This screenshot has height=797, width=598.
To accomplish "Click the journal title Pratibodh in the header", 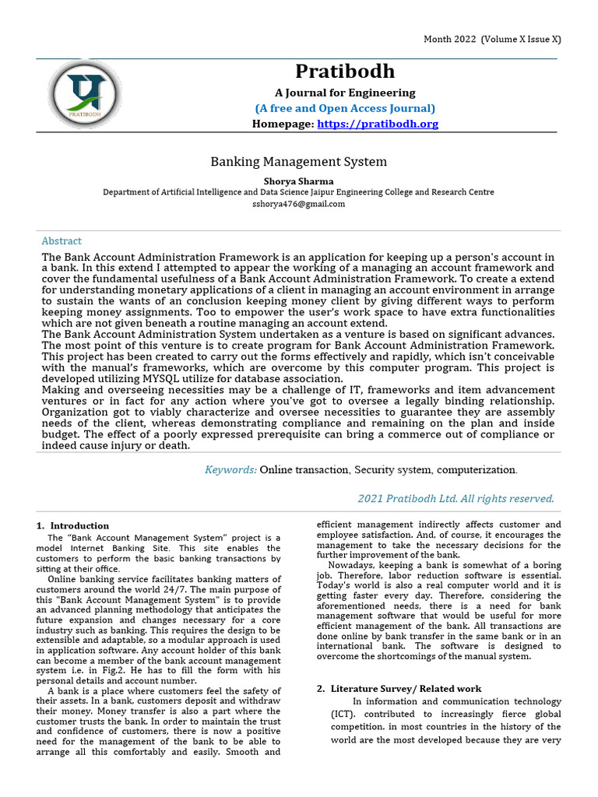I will (x=345, y=72).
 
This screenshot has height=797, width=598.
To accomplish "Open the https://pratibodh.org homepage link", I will (x=378, y=124).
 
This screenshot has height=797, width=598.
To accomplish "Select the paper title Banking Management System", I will (x=299, y=162).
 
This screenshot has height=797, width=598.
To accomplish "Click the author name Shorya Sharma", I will (x=298, y=181).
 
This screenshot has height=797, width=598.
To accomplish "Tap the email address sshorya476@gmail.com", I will (x=298, y=204).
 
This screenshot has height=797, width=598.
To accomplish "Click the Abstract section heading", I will (x=62, y=241).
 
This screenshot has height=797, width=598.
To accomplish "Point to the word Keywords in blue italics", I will (x=230, y=470).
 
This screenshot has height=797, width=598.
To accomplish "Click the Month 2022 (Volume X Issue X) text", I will (x=492, y=39).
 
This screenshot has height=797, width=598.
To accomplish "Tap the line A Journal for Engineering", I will (x=345, y=93).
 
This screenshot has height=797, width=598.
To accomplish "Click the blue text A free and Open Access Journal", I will (x=345, y=108).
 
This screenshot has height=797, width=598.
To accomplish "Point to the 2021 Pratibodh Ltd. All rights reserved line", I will (x=456, y=499).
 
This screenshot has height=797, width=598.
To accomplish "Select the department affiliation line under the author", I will (x=298, y=192).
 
